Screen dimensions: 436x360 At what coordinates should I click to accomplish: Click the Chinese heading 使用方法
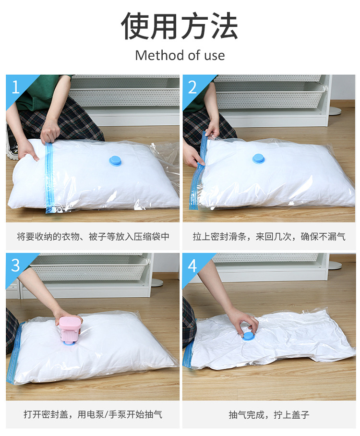click(180, 26)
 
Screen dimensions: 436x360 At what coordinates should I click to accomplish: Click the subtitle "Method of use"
click(180, 55)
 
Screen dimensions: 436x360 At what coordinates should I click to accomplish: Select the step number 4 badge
click(192, 266)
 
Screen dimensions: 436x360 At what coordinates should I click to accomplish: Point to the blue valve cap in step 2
click(259, 158)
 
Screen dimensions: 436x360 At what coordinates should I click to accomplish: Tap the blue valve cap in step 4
click(248, 335)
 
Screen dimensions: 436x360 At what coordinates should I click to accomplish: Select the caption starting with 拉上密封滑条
click(269, 236)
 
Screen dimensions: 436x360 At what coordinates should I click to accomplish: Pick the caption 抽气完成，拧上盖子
click(269, 414)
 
